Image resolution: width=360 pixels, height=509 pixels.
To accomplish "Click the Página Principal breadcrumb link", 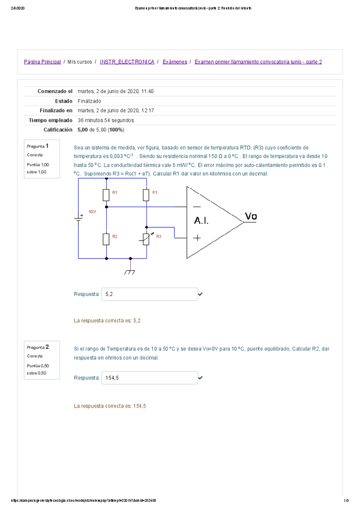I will pyautogui.click(x=42, y=62).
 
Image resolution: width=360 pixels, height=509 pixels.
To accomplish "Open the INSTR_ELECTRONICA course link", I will pyautogui.click(x=127, y=62).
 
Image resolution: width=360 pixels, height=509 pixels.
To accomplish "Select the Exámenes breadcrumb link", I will pyautogui.click(x=175, y=62).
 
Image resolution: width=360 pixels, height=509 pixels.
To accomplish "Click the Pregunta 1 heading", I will pyautogui.click(x=34, y=146).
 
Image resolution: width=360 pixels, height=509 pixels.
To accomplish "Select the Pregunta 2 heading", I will pyautogui.click(x=34, y=348).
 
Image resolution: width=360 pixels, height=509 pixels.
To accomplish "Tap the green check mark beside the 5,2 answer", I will pyautogui.click(x=200, y=295).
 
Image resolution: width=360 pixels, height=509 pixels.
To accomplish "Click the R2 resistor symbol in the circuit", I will pyautogui.click(x=106, y=239).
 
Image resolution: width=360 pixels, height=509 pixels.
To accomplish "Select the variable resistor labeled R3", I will pyautogui.click(x=146, y=239).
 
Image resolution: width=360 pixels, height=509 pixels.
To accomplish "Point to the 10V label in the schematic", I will pyautogui.click(x=92, y=212).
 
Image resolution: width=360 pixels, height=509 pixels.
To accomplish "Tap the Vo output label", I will pyautogui.click(x=253, y=216).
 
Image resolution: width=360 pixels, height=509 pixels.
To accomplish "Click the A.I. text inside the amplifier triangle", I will pyautogui.click(x=201, y=221).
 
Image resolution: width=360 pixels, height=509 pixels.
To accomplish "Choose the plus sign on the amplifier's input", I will pyautogui.click(x=196, y=237).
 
